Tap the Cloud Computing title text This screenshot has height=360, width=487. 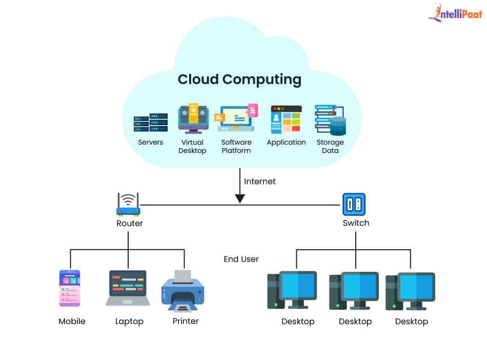pos(239,79)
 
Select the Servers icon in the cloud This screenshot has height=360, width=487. pos(151,123)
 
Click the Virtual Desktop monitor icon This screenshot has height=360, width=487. pos(193,118)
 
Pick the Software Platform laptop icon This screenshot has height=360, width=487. pos(236,118)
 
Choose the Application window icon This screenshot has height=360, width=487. pos(286,119)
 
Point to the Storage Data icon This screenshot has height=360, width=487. pos(330,120)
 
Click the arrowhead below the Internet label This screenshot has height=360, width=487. pos(240,198)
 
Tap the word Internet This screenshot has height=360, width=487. pos(260,182)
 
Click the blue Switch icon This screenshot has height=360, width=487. pos(354,204)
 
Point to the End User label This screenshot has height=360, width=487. pos(241,259)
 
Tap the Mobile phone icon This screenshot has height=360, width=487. pos(70,288)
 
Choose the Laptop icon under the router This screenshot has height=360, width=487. pos(128,288)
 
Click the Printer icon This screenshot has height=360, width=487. pos(182,290)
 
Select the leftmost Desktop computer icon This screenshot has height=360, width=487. pos(292,290)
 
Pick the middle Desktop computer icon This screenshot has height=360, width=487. pos(354,291)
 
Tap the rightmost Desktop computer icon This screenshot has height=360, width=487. pos(410,291)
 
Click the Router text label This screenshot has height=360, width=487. pos(130,223)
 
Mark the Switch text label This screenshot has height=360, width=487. pos(356,223)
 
